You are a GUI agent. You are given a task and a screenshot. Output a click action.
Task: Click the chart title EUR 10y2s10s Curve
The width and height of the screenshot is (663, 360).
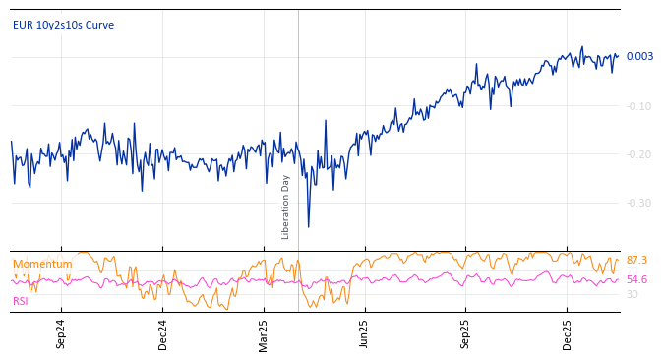[x=63, y=26]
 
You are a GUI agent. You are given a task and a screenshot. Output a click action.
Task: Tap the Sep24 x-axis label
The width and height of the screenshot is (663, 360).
[x=61, y=334]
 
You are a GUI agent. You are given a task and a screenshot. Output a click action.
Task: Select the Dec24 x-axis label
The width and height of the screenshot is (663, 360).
[x=163, y=334]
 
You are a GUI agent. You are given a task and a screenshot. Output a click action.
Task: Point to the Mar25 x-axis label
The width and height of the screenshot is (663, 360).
[x=264, y=334]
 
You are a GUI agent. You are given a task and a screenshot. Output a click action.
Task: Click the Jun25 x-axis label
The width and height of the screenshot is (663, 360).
[x=365, y=334]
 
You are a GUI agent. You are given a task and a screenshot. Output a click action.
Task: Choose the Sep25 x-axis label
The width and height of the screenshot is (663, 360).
[x=466, y=334]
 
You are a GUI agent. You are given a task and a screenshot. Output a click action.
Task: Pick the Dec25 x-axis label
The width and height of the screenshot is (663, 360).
[x=568, y=334]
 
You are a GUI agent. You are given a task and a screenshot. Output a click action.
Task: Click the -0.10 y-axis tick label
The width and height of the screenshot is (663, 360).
[x=638, y=106]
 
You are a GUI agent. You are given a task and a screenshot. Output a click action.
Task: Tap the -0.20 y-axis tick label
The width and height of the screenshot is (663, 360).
[x=638, y=154]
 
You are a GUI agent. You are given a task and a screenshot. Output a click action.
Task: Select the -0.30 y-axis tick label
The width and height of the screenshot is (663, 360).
[x=638, y=203]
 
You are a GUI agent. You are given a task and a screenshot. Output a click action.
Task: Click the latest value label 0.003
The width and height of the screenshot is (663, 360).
[x=639, y=57]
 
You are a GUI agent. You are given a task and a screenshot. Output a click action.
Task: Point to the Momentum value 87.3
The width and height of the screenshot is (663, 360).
[x=636, y=261]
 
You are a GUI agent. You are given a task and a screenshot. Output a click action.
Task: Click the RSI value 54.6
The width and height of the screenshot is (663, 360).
[x=636, y=280]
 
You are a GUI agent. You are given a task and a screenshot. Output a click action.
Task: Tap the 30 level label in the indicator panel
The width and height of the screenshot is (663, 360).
[x=633, y=294]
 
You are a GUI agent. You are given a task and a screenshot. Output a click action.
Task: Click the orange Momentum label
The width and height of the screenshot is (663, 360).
[x=42, y=265]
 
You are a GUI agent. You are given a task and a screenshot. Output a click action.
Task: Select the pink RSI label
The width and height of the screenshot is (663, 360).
[x=21, y=301]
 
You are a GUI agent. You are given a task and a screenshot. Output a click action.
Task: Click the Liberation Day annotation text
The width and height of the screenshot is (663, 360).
[x=286, y=207]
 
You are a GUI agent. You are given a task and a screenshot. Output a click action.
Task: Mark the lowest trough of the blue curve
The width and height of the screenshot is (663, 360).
[x=308, y=227]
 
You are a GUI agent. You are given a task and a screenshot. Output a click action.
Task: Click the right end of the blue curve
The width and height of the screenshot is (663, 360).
[x=618, y=55]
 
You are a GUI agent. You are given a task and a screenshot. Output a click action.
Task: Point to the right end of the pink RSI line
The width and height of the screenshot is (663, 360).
[x=618, y=280]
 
